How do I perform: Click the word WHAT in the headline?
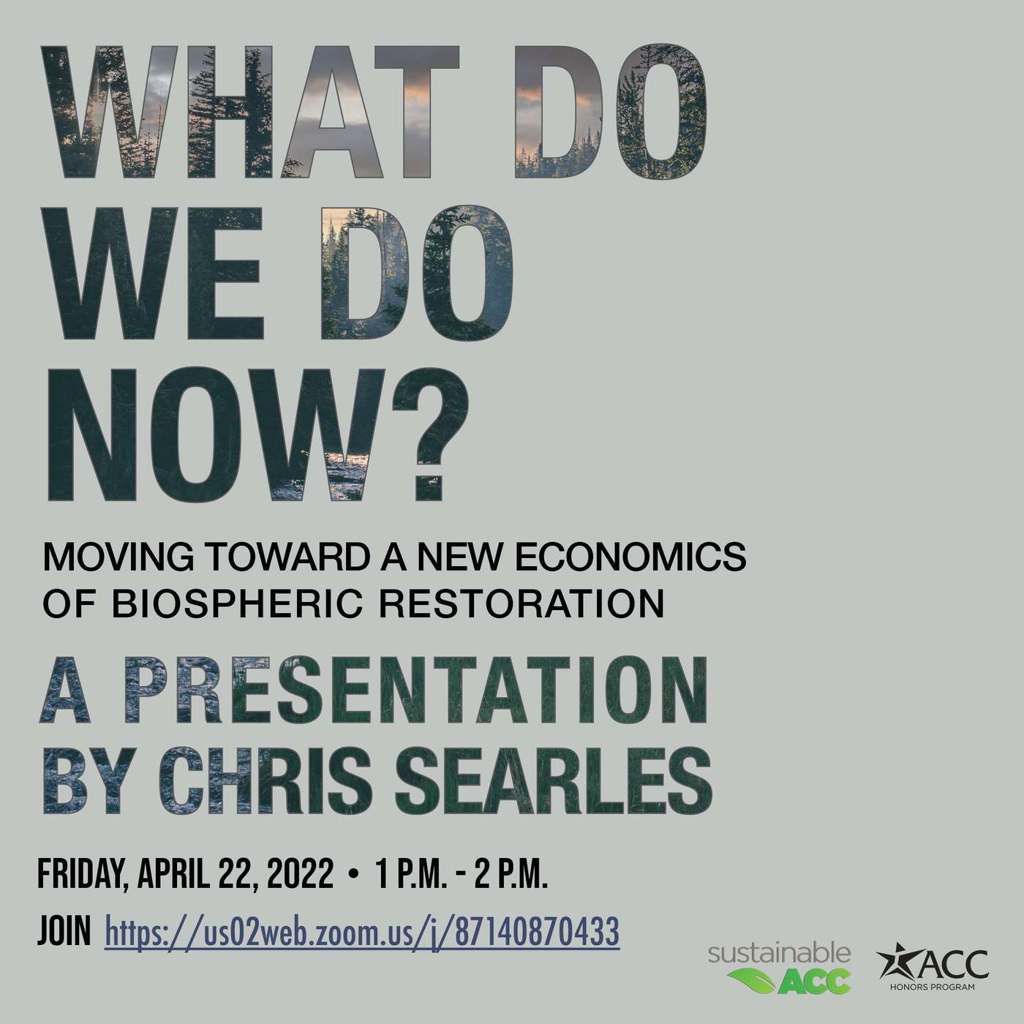[249, 112]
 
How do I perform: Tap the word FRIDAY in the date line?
[83, 875]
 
